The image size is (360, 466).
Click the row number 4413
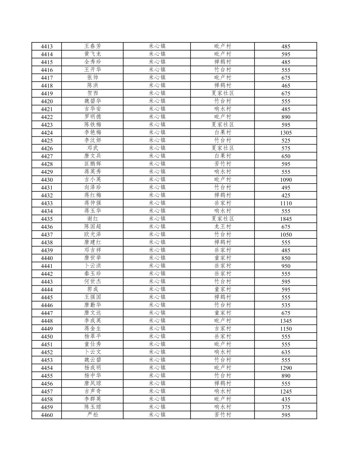click(47, 46)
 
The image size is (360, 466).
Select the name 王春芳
click(93, 46)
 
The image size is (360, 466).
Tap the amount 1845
click(286, 219)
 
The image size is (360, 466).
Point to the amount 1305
click(286, 132)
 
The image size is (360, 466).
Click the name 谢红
click(93, 219)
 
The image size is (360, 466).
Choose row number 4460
click(47, 415)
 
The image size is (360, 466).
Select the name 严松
click(93, 415)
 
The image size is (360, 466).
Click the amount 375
click(286, 407)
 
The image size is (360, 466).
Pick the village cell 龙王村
click(223, 227)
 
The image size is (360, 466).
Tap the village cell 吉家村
click(223, 329)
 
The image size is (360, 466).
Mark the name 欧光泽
click(93, 234)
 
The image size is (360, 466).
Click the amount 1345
click(286, 321)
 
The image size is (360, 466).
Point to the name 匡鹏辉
click(93, 164)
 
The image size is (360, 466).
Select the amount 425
click(286, 195)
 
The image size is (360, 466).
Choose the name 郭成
click(93, 289)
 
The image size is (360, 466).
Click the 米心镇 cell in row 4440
click(157, 258)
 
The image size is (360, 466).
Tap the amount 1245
click(286, 391)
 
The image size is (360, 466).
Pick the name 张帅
click(93, 78)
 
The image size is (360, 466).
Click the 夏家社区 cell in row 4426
click(223, 148)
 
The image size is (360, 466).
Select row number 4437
click(47, 234)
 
